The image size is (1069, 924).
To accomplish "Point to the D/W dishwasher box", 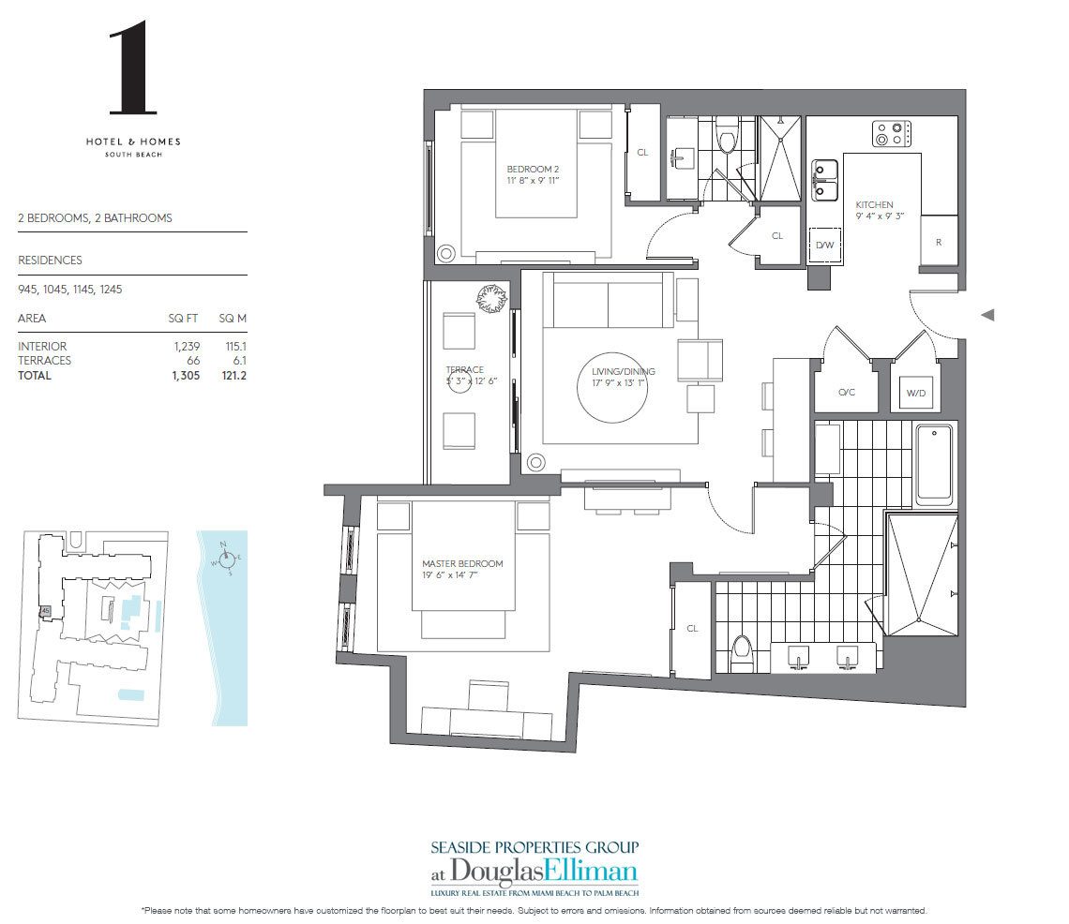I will [824, 245].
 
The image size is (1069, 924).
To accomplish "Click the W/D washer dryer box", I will [914, 394].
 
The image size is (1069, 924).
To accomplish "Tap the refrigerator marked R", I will [939, 241].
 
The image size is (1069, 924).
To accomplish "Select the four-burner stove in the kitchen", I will [892, 134].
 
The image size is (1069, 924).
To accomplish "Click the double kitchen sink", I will [825, 180].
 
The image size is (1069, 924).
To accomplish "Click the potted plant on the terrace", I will [490, 299].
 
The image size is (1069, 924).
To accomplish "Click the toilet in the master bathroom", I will [742, 650].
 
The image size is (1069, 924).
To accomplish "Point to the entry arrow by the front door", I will [986, 316].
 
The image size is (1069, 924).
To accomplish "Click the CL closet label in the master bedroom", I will [692, 629].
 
